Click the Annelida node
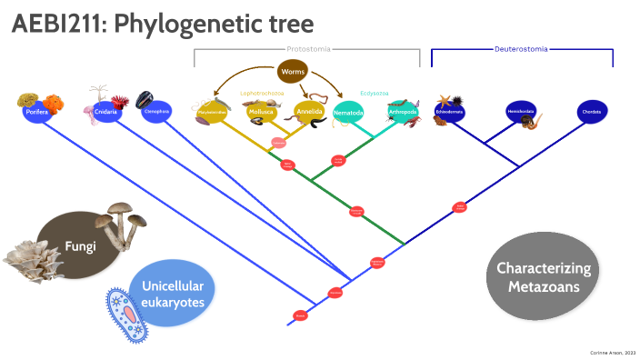[x=308, y=113]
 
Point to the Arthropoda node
[x=401, y=113]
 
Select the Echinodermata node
[x=449, y=112]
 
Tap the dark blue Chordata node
[x=593, y=112]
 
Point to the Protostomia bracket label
[x=308, y=48]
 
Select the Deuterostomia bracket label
[x=521, y=48]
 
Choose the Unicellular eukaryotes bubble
[x=173, y=293]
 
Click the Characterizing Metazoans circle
[x=544, y=277]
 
